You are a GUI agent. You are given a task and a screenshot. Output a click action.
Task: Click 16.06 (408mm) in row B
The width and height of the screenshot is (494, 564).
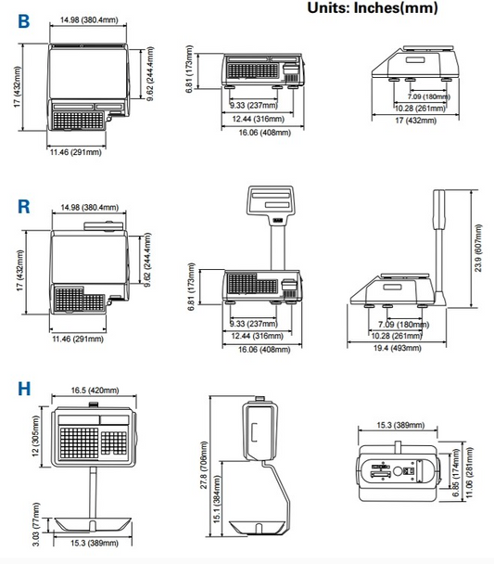[x=260, y=133]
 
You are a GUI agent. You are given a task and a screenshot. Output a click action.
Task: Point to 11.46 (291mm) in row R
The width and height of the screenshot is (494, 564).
[x=77, y=340]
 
